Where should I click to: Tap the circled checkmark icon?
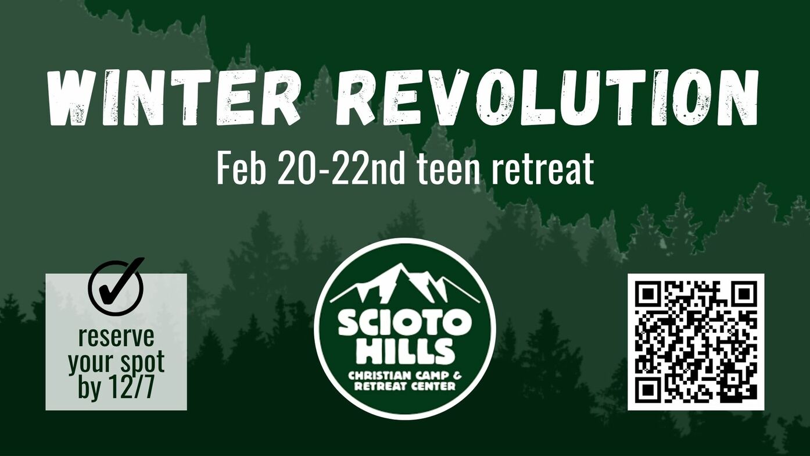point(116,287)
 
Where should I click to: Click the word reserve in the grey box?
point(116,337)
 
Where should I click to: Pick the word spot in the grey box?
point(141,363)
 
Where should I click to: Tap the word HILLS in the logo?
point(405,351)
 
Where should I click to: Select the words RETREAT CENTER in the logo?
point(405,386)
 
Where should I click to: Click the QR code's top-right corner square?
point(743,294)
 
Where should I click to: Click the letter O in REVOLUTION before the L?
point(506,97)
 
